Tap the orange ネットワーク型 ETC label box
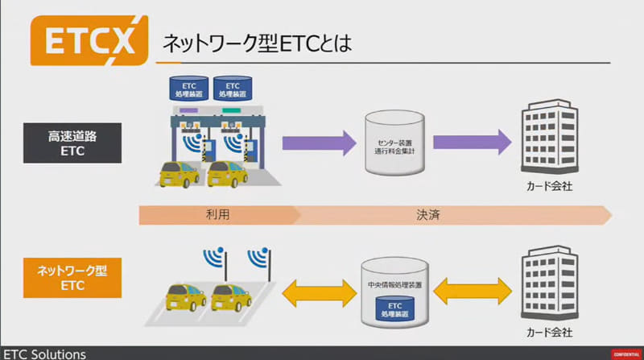76,278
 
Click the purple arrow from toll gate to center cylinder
319,143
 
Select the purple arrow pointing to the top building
472,143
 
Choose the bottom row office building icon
547,285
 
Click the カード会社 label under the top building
547,188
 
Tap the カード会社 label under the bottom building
547,333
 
